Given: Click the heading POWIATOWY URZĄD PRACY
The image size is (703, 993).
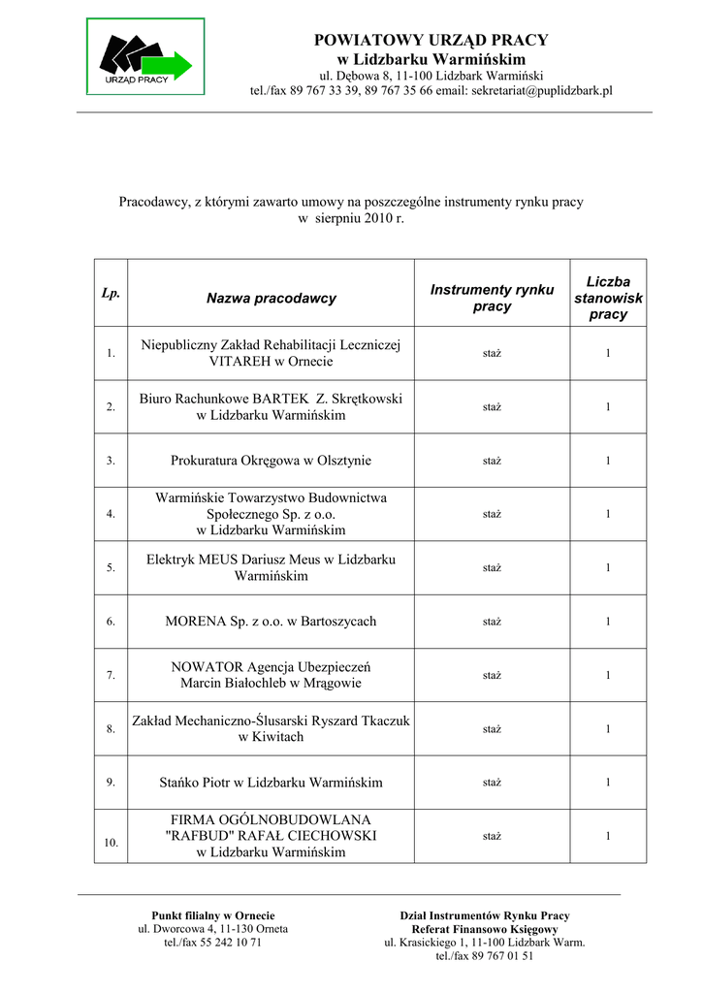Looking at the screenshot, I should pyautogui.click(x=431, y=40).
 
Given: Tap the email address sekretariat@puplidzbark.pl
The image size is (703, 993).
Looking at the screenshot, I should pyautogui.click(x=543, y=90).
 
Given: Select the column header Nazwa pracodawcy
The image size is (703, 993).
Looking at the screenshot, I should pyautogui.click(x=272, y=299).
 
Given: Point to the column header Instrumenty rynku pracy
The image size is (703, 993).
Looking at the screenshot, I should pyautogui.click(x=492, y=298).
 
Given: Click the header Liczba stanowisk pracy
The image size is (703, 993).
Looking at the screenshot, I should pyautogui.click(x=608, y=298).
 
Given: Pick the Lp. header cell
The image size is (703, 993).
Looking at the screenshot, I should pyautogui.click(x=111, y=293).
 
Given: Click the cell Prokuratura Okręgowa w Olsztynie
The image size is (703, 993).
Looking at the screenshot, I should pyautogui.click(x=272, y=461).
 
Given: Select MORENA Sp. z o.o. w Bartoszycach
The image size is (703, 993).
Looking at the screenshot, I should pyautogui.click(x=272, y=621).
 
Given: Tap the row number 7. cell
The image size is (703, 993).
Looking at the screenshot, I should pyautogui.click(x=111, y=674).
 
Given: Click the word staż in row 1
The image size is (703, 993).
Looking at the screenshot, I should pyautogui.click(x=492, y=354).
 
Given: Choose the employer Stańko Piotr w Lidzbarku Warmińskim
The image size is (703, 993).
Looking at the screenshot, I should pyautogui.click(x=272, y=782).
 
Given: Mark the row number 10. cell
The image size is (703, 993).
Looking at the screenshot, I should pyautogui.click(x=112, y=843).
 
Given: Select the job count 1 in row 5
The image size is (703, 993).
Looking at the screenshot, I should pyautogui.click(x=608, y=567).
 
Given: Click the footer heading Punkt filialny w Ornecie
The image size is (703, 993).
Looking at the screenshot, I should pyautogui.click(x=213, y=915).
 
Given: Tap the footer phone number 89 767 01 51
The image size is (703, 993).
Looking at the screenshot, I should pyautogui.click(x=502, y=955).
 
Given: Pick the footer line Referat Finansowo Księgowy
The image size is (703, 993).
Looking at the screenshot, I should pyautogui.click(x=485, y=929).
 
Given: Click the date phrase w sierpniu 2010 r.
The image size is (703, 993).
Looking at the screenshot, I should pyautogui.click(x=350, y=219).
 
